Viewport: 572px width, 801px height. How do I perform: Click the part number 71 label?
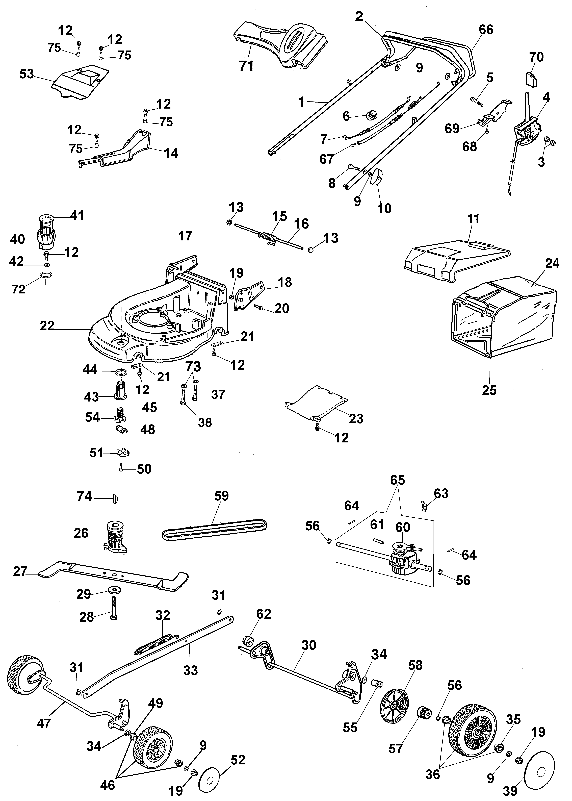246,66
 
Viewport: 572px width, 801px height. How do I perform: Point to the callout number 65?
397,480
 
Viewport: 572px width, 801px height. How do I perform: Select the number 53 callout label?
26,74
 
